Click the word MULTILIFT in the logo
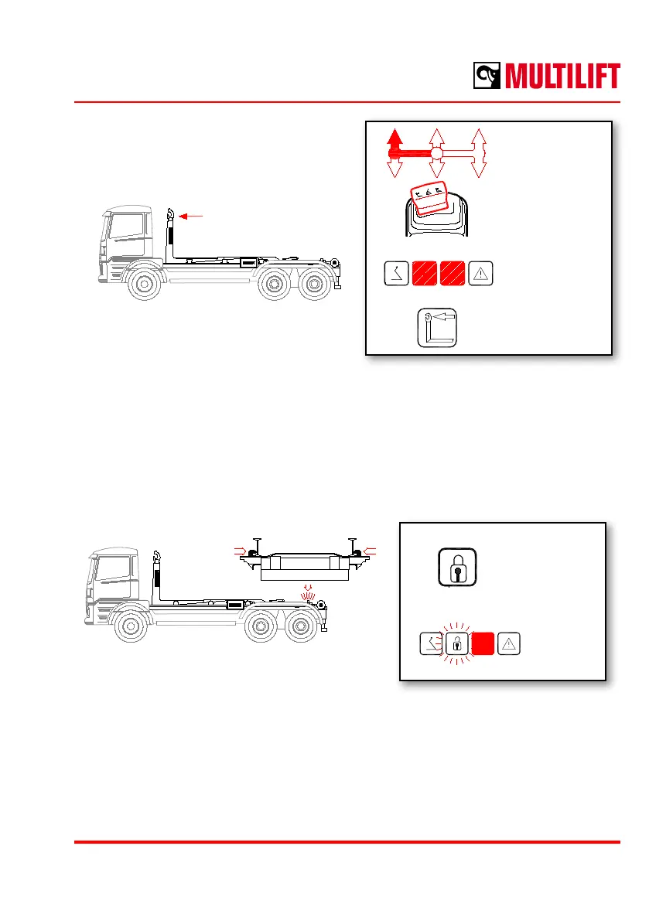click(x=563, y=77)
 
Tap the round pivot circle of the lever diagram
click(x=436, y=154)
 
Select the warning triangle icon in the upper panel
click(x=480, y=273)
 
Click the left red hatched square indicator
click(x=424, y=273)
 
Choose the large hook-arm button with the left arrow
click(x=436, y=329)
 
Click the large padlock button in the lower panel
click(x=456, y=567)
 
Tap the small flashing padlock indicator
click(x=456, y=643)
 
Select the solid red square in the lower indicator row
click(x=484, y=643)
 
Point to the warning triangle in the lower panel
click(x=511, y=643)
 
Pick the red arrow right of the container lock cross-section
click(x=371, y=549)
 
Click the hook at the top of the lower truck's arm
click(x=156, y=555)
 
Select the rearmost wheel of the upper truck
click(x=313, y=284)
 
